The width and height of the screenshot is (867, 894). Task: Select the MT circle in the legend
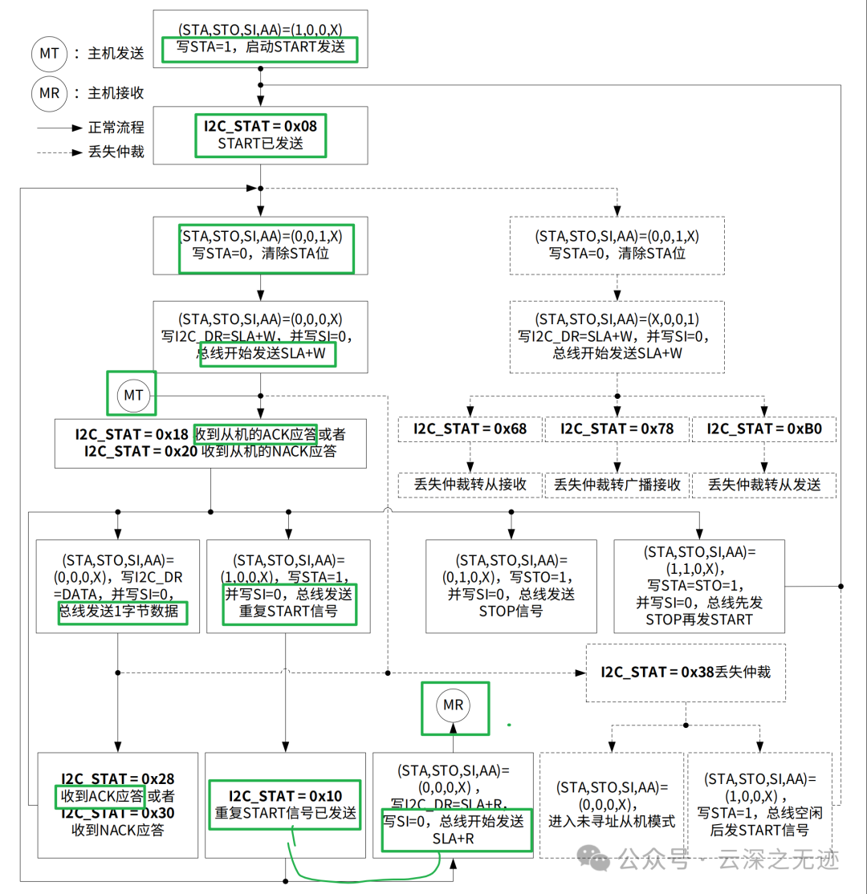pos(51,54)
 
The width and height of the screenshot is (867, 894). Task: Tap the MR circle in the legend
pos(51,94)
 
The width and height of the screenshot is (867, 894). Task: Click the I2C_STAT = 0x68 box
pos(470,429)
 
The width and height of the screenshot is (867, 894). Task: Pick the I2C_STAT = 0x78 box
pos(617,429)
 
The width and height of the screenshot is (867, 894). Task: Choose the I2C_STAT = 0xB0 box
pos(763,429)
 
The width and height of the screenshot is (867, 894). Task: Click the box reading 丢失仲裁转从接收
pos(470,484)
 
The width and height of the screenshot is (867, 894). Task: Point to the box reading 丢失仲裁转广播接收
pos(617,484)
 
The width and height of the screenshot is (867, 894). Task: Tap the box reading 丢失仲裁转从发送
pos(763,484)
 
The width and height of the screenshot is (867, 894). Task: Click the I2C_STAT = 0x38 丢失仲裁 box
pos(685,673)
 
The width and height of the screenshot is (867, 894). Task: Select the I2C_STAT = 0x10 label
pos(285,795)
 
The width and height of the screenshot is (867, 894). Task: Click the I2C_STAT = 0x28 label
pos(118,778)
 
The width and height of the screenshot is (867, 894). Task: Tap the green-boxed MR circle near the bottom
pos(454,705)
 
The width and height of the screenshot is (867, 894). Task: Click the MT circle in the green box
pos(132,394)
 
